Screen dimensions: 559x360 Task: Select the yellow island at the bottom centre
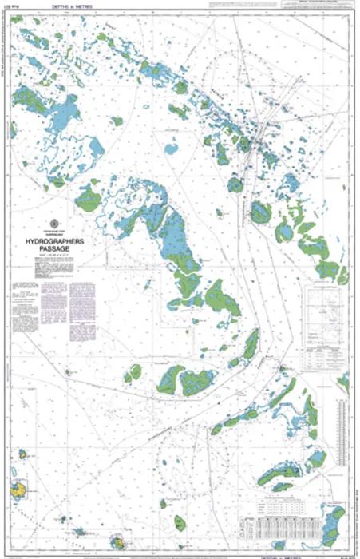point(122,543)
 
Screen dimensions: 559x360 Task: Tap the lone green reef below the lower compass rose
point(164,504)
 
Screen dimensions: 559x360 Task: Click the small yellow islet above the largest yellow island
point(22,454)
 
